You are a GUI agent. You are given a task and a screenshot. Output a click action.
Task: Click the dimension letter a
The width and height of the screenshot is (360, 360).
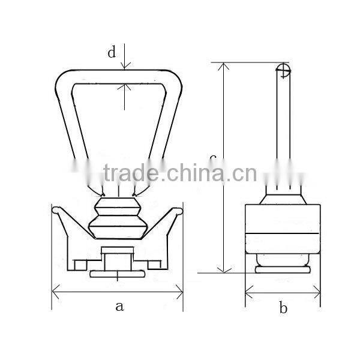coord(119,307)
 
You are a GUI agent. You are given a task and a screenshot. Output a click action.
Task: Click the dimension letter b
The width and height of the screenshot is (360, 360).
coord(283,309)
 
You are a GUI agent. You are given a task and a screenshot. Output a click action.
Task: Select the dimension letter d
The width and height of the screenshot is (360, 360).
coord(112,53)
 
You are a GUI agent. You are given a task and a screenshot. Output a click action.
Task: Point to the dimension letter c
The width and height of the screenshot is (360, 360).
coord(212,158)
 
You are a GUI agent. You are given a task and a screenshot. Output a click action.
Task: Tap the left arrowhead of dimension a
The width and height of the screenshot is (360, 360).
coord(55,293)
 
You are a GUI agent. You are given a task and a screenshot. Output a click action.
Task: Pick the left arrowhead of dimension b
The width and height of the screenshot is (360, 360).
coord(248,294)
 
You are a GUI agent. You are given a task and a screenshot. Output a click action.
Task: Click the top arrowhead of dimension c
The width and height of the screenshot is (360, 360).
coord(224,66)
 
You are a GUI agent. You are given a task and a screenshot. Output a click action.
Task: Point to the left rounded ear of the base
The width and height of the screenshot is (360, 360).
coord(56,211)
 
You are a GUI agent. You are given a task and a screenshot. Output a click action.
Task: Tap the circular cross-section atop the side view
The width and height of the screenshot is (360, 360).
coord(283,71)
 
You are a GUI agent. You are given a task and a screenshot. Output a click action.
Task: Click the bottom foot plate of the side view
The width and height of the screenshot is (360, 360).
coord(283,270)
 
